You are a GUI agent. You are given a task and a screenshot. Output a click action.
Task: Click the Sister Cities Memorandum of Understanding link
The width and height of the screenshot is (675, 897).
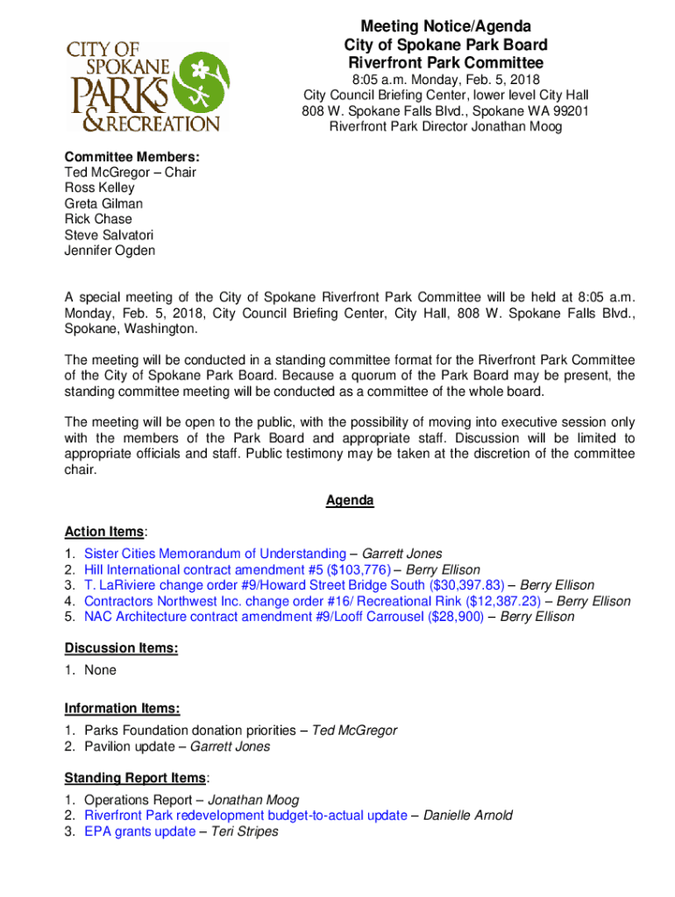pos(215,554)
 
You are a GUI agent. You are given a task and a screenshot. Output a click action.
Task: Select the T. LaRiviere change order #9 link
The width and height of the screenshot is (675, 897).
pos(295,585)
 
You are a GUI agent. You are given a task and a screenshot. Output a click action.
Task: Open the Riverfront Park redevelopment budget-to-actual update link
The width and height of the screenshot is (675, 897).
pos(245,816)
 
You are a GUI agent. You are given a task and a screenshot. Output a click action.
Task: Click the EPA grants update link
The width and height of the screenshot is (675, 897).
pos(139,831)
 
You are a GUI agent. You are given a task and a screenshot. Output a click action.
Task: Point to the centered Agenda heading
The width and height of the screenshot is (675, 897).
pos(350,501)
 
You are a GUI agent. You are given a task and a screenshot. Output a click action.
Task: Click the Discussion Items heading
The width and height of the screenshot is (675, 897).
pos(121,648)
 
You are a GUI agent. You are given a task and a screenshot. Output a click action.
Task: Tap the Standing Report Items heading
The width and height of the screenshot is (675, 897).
pos(135,778)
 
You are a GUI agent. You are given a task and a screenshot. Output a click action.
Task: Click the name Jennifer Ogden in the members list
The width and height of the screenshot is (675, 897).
pos(110,251)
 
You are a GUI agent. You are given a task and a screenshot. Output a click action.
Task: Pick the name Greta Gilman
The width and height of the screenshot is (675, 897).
pos(103,203)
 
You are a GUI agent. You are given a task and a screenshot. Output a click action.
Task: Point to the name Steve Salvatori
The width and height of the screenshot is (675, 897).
pos(109,235)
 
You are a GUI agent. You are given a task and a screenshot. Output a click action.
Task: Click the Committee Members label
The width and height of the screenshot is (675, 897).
pos(131,156)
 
